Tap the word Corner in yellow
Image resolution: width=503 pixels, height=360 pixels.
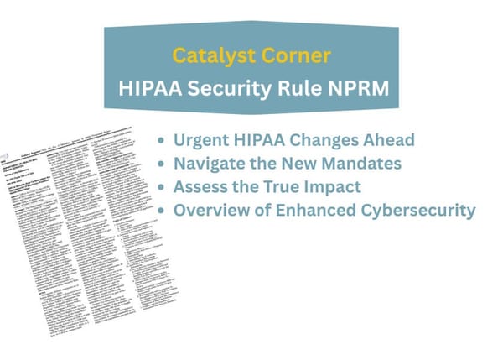tap(284, 56)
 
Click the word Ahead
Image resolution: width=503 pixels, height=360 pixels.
tap(386, 140)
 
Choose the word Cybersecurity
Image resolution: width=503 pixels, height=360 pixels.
tap(415, 210)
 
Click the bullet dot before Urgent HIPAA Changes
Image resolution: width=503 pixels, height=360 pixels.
tap(161, 141)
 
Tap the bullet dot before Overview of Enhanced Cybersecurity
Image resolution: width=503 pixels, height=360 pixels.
tap(161, 211)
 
